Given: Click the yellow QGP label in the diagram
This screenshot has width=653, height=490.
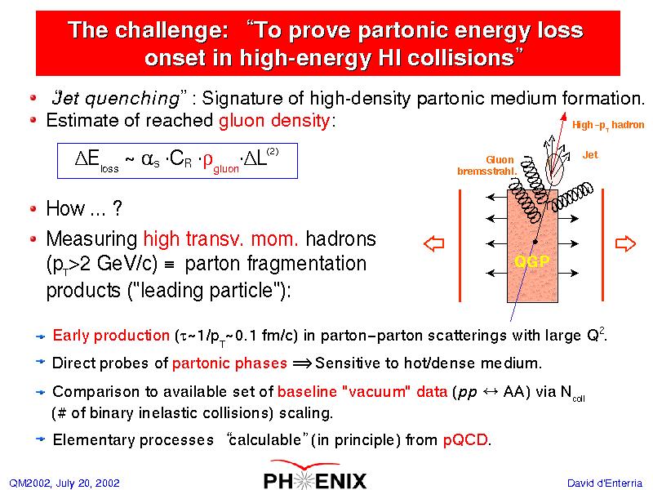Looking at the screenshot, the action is [532, 261].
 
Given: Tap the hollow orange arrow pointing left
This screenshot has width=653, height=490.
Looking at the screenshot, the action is [434, 243].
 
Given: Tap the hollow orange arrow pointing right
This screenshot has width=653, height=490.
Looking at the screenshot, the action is [625, 243].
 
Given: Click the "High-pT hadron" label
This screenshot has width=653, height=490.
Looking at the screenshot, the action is [608, 125].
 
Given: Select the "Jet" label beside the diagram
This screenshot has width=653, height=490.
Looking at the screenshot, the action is [590, 155].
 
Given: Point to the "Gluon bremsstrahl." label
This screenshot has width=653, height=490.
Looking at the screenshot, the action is [486, 166].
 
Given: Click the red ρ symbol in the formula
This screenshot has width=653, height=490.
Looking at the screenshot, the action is [207, 159].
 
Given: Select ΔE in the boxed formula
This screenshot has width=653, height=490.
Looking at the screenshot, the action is [87, 158].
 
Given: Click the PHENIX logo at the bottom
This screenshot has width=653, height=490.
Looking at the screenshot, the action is [315, 475].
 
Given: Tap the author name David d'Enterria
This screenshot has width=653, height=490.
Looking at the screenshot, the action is [605, 483].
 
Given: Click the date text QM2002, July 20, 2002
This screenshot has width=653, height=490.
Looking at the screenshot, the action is [64, 483].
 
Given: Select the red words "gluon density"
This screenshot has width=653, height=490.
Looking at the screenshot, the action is [274, 121].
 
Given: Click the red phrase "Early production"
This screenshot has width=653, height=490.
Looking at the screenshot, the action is [111, 336].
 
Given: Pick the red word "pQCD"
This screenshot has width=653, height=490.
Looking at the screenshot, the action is [464, 440].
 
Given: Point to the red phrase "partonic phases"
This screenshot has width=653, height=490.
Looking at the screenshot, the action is [229, 363].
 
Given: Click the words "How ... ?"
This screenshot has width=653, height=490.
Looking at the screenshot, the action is [84, 208].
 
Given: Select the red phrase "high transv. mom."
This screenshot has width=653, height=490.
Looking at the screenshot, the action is [220, 239].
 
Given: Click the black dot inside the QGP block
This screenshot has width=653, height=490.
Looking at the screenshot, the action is [535, 242].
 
